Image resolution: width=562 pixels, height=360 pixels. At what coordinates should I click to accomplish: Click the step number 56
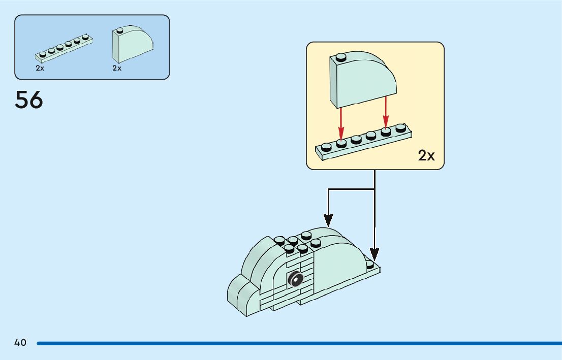(x=29, y=100)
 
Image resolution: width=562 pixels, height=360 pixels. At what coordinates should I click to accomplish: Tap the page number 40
(x=20, y=343)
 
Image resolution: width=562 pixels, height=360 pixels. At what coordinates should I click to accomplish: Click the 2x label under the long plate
(x=40, y=68)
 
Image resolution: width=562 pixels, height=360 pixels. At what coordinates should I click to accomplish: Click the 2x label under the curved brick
(x=117, y=68)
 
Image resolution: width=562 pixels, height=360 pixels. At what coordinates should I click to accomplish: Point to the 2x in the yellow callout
(x=426, y=155)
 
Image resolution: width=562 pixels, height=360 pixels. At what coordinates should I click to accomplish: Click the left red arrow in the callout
(x=341, y=122)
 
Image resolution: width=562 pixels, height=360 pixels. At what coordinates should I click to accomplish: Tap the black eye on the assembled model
(x=295, y=278)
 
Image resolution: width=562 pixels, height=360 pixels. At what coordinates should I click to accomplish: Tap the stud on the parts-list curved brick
(x=120, y=30)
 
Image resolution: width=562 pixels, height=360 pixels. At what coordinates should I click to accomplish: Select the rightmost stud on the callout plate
(x=400, y=127)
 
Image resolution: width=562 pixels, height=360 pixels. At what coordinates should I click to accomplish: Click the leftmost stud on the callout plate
(x=326, y=147)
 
